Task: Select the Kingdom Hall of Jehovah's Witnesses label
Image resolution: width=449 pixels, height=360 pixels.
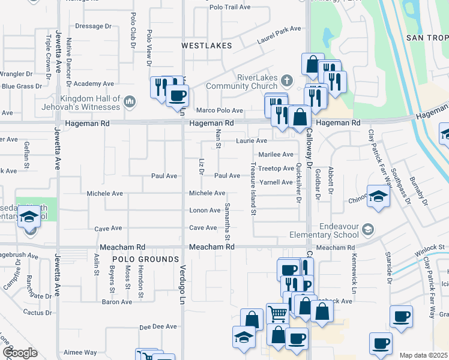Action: pyautogui.click(x=90, y=103)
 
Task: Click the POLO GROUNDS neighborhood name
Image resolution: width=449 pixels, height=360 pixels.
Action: pyautogui.click(x=145, y=259)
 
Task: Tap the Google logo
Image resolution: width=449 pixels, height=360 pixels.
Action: pyautogui.click(x=19, y=352)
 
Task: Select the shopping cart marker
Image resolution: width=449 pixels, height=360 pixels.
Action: pyautogui.click(x=277, y=313)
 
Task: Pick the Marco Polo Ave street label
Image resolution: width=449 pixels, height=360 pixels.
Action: pyautogui.click(x=219, y=110)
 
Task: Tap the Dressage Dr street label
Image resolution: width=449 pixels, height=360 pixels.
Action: pyautogui.click(x=94, y=26)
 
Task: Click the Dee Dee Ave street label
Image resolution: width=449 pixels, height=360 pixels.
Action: pyautogui.click(x=158, y=326)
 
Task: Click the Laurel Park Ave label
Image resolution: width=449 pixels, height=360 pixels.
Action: pyautogui.click(x=280, y=29)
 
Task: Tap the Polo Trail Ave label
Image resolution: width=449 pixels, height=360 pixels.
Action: pyautogui.click(x=230, y=7)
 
